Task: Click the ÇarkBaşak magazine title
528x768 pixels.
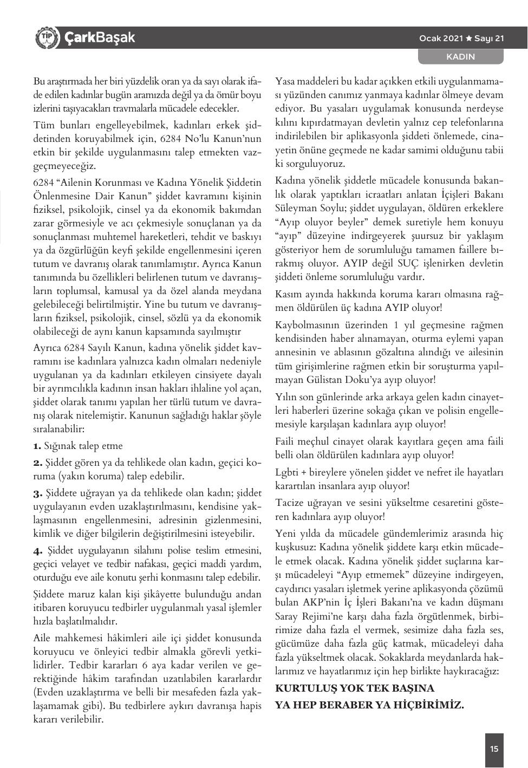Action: click(100, 38)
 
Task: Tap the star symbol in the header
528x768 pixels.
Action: click(469, 38)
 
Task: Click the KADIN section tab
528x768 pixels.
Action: click(460, 56)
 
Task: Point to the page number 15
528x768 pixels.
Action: click(494, 749)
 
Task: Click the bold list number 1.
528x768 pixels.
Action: click(37, 446)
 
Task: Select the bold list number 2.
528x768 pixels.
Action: click(37, 463)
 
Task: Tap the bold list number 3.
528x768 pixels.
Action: click(37, 493)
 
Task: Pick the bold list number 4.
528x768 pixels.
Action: click(38, 551)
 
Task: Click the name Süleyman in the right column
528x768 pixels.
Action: click(297, 209)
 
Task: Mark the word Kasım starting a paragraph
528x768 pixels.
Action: click(289, 295)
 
